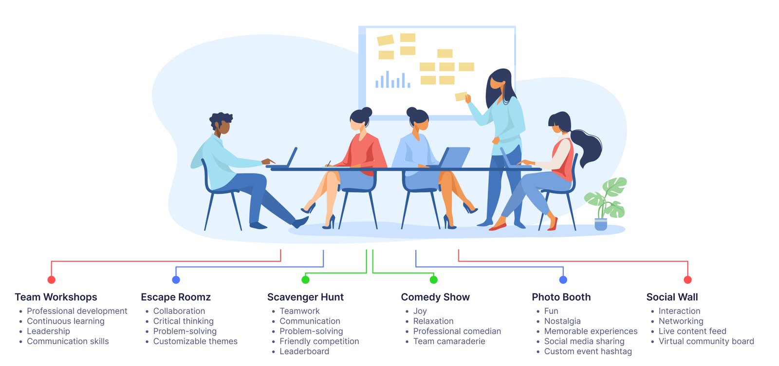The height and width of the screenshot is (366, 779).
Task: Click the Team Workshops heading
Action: pos(56,297)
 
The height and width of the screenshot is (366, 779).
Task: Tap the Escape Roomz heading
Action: pos(176,297)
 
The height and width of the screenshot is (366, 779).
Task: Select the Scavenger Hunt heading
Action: pos(305,297)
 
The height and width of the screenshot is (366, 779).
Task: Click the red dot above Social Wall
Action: pos(687,280)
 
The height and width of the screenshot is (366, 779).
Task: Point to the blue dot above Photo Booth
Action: pos(563,280)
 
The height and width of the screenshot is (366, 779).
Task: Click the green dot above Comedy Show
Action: pos(434,279)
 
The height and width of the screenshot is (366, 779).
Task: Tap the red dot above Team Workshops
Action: pos(52,280)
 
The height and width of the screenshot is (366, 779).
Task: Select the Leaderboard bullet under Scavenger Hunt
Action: pos(304,351)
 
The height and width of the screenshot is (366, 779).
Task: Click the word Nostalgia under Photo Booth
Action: pos(562,321)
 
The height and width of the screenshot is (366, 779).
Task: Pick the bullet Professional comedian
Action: pos(457,331)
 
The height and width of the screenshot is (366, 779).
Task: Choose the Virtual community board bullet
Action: pos(706,341)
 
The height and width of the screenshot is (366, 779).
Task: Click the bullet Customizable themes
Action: pos(195,341)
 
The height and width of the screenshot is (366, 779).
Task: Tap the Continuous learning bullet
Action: pos(66,321)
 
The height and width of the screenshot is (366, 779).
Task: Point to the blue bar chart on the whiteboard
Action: pos(392,79)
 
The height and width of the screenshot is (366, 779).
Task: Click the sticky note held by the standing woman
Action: pos(461,96)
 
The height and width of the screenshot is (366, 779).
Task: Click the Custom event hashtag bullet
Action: pos(588,351)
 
